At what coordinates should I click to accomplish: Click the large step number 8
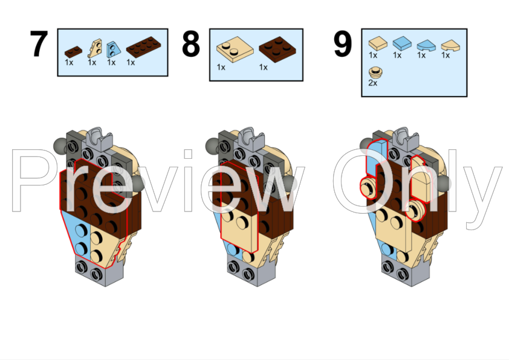[x=191, y=43]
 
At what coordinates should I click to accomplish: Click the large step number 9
[x=343, y=43]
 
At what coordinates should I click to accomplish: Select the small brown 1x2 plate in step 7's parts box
[x=73, y=52]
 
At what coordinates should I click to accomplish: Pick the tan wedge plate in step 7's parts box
[x=96, y=48]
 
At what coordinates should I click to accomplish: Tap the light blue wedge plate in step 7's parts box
[x=114, y=50]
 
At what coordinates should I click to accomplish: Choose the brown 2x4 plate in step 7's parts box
[x=143, y=47]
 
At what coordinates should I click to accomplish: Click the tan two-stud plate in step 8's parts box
[x=235, y=49]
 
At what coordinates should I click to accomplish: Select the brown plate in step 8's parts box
[x=277, y=50]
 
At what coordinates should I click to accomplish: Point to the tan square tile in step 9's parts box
[x=378, y=43]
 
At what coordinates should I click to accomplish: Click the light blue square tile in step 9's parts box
[x=402, y=43]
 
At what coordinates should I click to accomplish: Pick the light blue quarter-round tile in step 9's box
[x=426, y=45]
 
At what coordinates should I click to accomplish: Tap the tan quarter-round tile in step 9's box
[x=450, y=45]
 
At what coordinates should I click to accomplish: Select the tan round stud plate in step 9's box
[x=375, y=72]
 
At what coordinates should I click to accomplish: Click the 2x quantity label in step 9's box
[x=372, y=83]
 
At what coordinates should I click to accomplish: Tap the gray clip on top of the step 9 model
[x=406, y=139]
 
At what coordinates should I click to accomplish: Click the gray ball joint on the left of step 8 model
[x=212, y=146]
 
